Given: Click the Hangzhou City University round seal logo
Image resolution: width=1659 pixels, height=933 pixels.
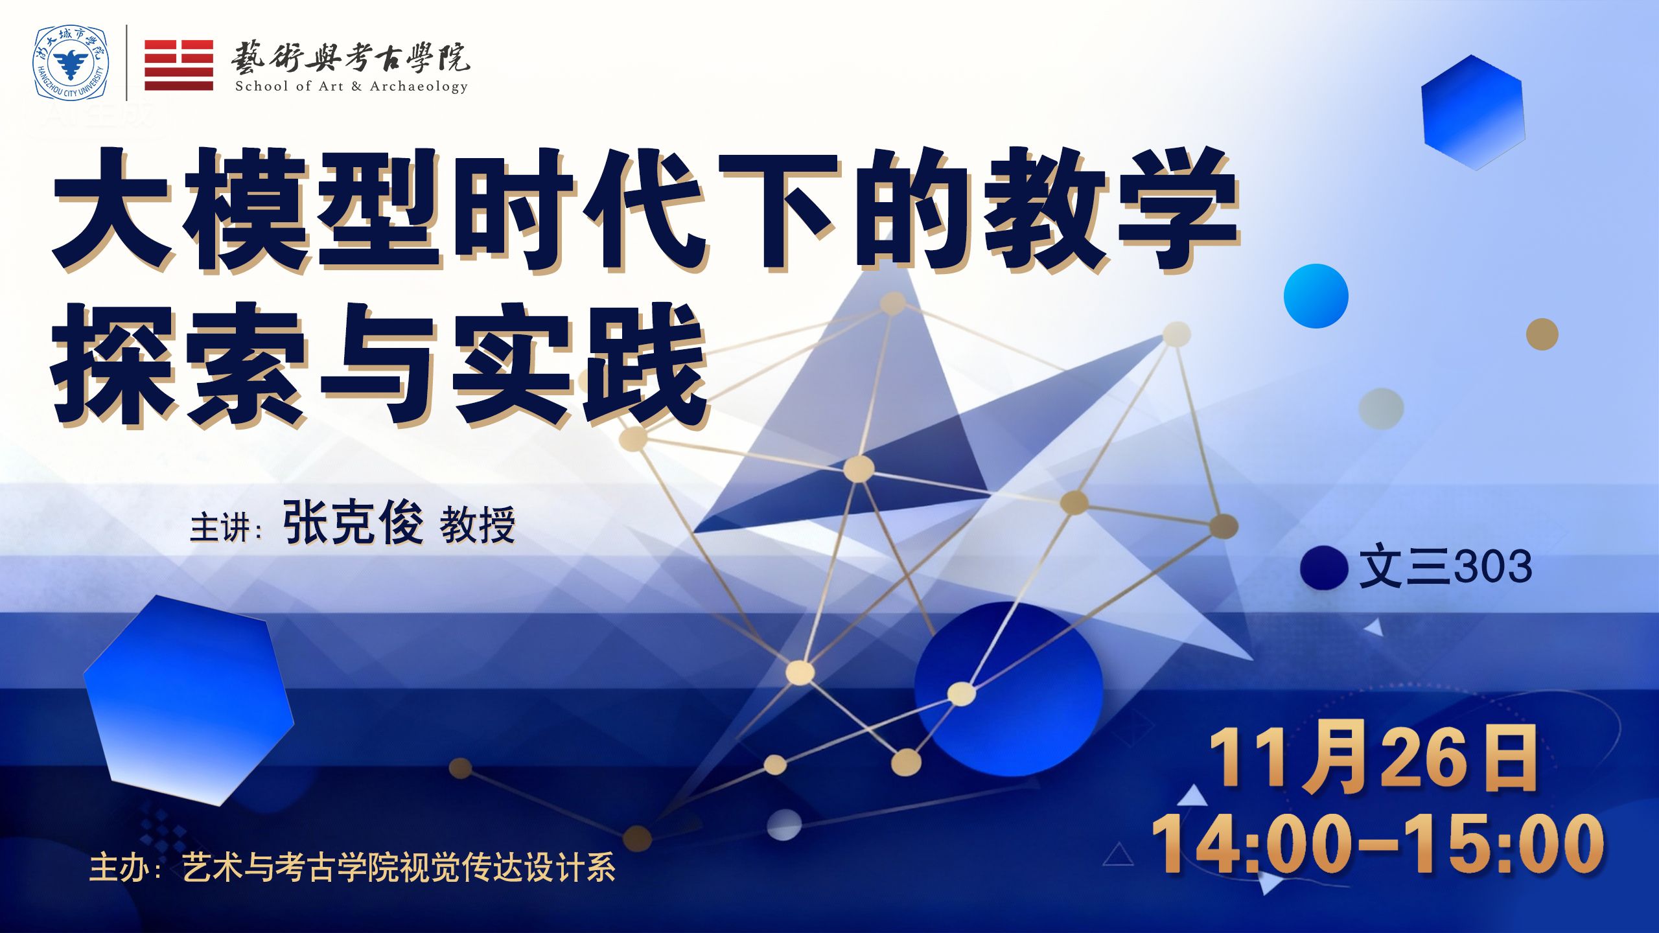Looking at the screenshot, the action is pyautogui.click(x=71, y=63).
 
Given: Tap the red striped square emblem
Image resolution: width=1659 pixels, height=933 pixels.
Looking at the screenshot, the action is pyautogui.click(x=179, y=65).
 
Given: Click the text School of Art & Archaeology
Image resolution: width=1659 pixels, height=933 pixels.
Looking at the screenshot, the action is pyautogui.click(x=351, y=86).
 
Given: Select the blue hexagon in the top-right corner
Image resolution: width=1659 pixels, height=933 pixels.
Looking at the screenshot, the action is pyautogui.click(x=1472, y=112).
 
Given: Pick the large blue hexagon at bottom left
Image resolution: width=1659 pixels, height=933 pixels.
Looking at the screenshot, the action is pyautogui.click(x=189, y=700).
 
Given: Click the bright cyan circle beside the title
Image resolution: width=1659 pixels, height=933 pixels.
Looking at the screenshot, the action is pyautogui.click(x=1316, y=296).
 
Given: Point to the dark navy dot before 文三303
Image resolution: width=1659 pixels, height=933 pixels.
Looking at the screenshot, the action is pyautogui.click(x=1324, y=568).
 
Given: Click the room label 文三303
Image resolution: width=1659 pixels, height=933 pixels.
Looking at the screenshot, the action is pyautogui.click(x=1445, y=567).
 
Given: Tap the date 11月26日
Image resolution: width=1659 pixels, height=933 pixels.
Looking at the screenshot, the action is pyautogui.click(x=1373, y=759).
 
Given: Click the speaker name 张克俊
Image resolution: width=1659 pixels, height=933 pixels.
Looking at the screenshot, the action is pyautogui.click(x=353, y=523).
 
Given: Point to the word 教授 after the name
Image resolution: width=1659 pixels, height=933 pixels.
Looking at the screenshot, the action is pyautogui.click(x=478, y=525).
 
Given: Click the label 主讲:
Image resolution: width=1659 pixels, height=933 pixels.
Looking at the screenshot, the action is pyautogui.click(x=226, y=528).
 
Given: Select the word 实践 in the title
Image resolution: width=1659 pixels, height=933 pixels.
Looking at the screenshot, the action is pyautogui.click(x=580, y=365).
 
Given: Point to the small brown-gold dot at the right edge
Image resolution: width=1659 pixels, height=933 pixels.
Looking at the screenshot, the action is pyautogui.click(x=1542, y=334).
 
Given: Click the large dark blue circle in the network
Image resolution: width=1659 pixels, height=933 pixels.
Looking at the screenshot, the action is pyautogui.click(x=1008, y=689).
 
